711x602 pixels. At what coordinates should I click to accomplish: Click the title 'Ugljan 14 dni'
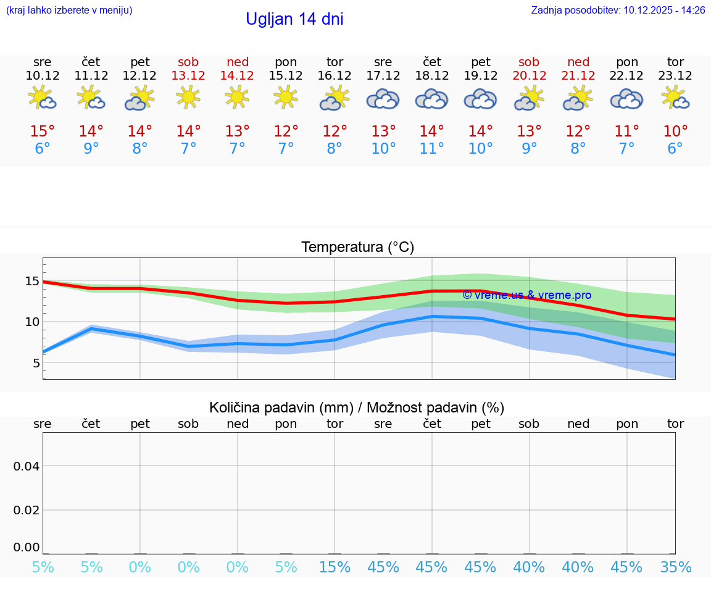tap(294, 19)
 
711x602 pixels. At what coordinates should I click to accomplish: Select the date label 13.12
tap(189, 75)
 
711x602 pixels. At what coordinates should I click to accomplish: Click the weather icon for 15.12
tap(286, 98)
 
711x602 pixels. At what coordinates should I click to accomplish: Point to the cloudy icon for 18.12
tap(431, 99)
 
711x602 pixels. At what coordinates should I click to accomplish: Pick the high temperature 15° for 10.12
tap(43, 131)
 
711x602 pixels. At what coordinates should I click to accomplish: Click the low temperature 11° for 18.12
tap(431, 149)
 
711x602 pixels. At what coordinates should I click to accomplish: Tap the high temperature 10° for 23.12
tap(675, 131)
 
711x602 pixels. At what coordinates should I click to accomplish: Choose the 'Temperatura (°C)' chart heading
tap(357, 247)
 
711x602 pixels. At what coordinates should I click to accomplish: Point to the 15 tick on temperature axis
tap(31, 281)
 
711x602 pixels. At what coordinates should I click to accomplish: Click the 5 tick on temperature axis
tap(36, 362)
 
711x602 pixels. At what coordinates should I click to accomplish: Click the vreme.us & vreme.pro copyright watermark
tap(526, 295)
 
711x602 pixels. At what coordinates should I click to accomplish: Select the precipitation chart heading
tap(357, 408)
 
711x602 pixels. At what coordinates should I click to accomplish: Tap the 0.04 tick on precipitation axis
tap(27, 466)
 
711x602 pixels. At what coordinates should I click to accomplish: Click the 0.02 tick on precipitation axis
tap(27, 509)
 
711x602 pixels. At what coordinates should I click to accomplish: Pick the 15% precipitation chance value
tap(335, 567)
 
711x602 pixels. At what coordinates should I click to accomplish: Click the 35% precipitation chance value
tap(675, 567)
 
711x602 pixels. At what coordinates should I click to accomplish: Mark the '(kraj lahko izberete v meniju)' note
tap(69, 10)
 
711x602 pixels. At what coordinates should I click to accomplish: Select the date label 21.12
tap(578, 75)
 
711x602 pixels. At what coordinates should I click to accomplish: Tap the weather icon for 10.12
tap(43, 98)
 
